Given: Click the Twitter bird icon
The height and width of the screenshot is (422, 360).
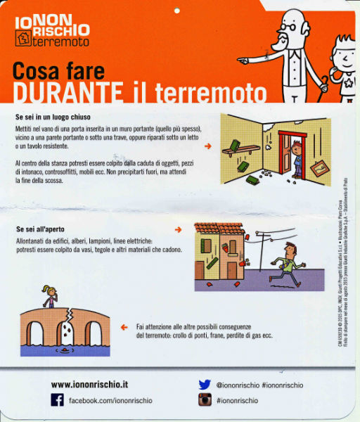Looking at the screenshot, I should tap(205, 385).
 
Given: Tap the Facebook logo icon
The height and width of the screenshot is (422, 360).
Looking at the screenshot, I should tap(58, 400).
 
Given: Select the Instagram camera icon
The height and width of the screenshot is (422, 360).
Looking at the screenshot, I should tap(205, 400).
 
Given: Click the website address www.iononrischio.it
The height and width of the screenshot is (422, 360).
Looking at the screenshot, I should tap(89, 385).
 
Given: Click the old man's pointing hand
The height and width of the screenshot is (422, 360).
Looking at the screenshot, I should tap(245, 60).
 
